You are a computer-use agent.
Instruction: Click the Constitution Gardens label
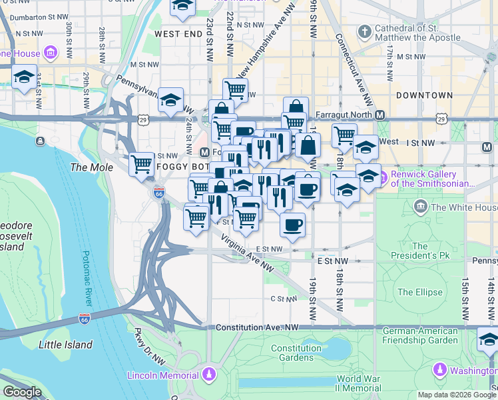point(296,353)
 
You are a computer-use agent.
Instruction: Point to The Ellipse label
point(419,292)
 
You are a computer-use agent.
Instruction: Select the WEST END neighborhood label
point(178,33)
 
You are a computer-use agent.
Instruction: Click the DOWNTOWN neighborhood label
point(424,95)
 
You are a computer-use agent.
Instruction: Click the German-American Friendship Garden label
point(420,335)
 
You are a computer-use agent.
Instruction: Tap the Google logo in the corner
point(23,391)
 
